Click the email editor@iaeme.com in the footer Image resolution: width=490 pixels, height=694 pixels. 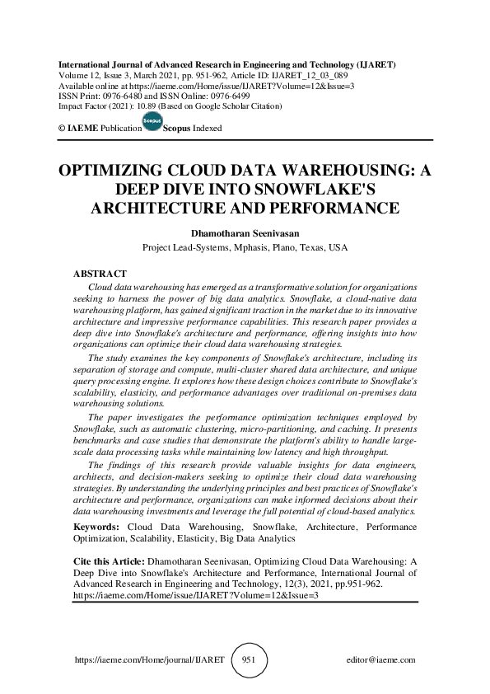click(381, 660)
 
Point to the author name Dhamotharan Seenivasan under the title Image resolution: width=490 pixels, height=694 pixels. click(245, 232)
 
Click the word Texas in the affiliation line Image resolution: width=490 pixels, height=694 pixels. click(318, 247)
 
